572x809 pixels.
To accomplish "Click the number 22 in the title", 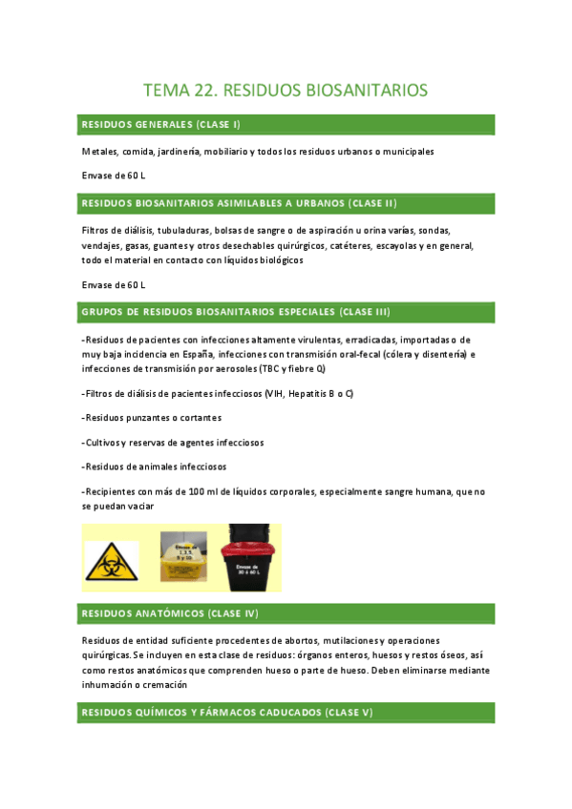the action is pyautogui.click(x=205, y=91).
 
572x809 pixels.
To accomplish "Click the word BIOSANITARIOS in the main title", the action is pyautogui.click(x=367, y=91).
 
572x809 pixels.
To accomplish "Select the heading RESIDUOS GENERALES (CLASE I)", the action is pyautogui.click(x=160, y=125).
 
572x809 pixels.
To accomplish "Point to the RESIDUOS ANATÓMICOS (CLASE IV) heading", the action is pyautogui.click(x=169, y=612).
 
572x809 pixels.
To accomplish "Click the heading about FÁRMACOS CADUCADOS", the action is pyautogui.click(x=227, y=713).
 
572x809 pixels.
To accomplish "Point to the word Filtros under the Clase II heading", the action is pyautogui.click(x=95, y=230).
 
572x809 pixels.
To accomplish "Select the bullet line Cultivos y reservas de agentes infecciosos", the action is pyautogui.click(x=173, y=443).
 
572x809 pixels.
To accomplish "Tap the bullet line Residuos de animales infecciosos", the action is pyautogui.click(x=159, y=467).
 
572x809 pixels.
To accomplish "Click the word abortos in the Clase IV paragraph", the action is pyautogui.click(x=288, y=640).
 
